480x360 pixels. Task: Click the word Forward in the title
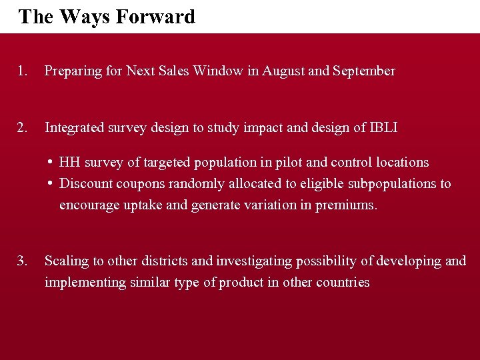(155, 16)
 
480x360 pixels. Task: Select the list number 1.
(23, 71)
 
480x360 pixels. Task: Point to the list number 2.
(23, 127)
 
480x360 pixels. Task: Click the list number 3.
(23, 261)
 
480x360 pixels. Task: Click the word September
(364, 71)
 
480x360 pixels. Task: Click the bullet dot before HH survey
(51, 162)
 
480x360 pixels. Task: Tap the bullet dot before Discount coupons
(51, 183)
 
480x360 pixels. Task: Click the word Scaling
(66, 261)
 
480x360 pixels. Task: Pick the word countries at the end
(341, 282)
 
